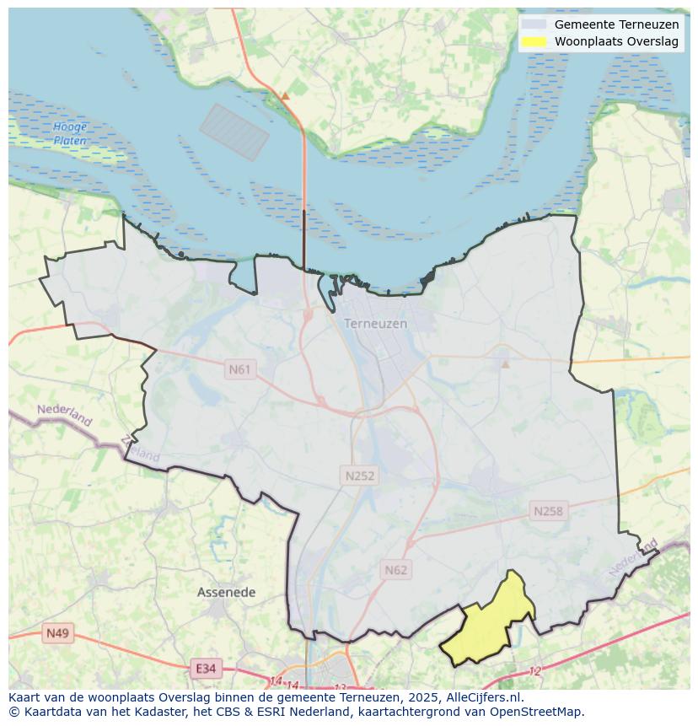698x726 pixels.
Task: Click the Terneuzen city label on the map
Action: pos(375,324)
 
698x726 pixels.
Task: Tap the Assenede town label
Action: pos(226,593)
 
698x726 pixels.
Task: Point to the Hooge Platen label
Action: pos(70,134)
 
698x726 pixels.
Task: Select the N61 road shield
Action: pos(240,369)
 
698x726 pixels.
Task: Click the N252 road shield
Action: pos(360,476)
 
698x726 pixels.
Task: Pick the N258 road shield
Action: pos(548,511)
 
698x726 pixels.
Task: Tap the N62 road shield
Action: pos(395,570)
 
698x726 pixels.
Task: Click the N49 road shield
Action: pos(58,633)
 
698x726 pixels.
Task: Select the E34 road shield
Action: pos(205,669)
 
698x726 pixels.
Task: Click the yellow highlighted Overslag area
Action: pos(490,624)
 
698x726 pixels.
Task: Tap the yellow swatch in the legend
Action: pos(534,41)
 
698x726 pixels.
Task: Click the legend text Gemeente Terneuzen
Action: pos(616,24)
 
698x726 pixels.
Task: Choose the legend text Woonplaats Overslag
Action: pos(616,41)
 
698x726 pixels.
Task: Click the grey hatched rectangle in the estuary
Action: pos(234,132)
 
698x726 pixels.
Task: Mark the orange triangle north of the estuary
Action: pos(285,96)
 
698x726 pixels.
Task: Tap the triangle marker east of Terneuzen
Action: pos(506,364)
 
